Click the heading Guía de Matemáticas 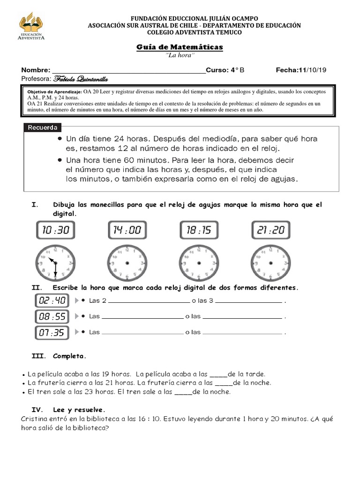pos(180,47)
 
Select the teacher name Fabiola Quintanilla pos(82,78)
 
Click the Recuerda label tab pos(43,127)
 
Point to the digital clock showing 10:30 pos(55,230)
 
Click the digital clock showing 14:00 pos(127,230)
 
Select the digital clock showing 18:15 pos(199,230)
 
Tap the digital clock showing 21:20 pos(270,230)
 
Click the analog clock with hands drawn pos(55,263)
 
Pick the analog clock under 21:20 pos(270,263)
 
